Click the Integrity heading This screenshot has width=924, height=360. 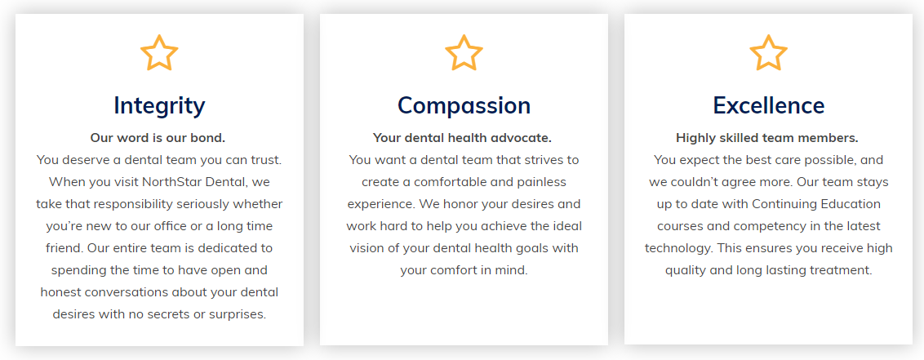pyautogui.click(x=159, y=106)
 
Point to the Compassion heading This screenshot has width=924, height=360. pyautogui.click(x=464, y=106)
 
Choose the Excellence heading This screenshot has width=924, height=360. pyautogui.click(x=768, y=105)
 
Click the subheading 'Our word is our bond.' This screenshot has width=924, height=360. pyautogui.click(x=158, y=138)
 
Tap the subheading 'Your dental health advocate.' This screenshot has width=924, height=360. pyautogui.click(x=462, y=138)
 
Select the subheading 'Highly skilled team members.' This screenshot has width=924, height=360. pyautogui.click(x=767, y=138)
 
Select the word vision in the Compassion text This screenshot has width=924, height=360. pyautogui.click(x=366, y=248)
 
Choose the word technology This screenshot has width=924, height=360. pyautogui.click(x=677, y=248)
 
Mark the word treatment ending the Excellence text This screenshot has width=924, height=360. pyautogui.click(x=841, y=270)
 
